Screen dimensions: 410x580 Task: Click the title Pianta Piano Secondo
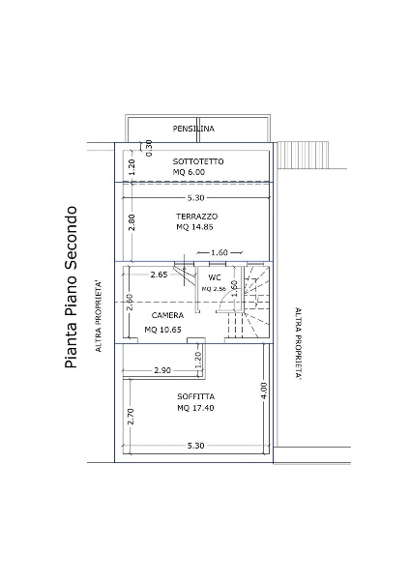[x=71, y=287]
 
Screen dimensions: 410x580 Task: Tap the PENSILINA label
[x=193, y=129]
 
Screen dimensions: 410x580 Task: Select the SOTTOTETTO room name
[x=198, y=161]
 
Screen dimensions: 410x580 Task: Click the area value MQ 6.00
[x=189, y=172]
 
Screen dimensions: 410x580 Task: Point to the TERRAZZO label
[x=197, y=217]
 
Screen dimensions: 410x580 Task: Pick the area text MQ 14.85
[x=195, y=227]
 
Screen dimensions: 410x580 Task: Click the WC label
[x=215, y=277]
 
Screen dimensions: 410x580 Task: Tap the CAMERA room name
[x=167, y=315]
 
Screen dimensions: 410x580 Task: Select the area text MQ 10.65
[x=162, y=330]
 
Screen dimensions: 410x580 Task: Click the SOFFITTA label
[x=196, y=397]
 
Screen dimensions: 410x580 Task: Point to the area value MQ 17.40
[x=195, y=408]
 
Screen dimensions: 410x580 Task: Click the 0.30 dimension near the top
[x=148, y=148]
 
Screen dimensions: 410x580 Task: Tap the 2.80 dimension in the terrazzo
[x=132, y=222]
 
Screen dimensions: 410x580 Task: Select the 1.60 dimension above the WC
[x=220, y=252]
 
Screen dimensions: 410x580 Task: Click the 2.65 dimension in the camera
[x=160, y=275]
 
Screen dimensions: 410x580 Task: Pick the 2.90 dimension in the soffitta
[x=162, y=370]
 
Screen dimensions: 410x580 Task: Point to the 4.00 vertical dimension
[x=263, y=391]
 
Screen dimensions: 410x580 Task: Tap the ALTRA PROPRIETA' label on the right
[x=298, y=343]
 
